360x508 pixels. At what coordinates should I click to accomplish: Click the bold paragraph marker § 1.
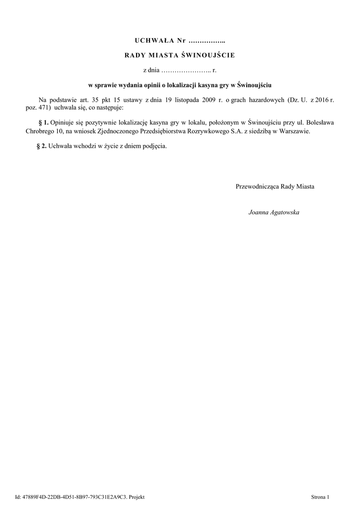pyautogui.click(x=43, y=122)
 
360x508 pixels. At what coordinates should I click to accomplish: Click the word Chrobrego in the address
pyautogui.click(x=40, y=131)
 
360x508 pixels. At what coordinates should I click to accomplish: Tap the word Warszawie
pyautogui.click(x=295, y=131)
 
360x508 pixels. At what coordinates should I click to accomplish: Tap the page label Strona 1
pyautogui.click(x=320, y=497)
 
